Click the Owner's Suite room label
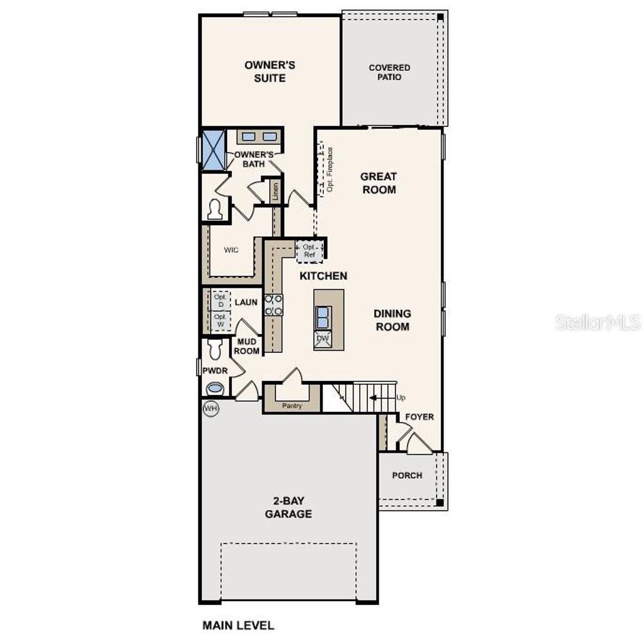pyautogui.click(x=269, y=72)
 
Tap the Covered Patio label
pyautogui.click(x=389, y=72)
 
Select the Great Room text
pyautogui.click(x=379, y=183)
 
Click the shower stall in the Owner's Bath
pyautogui.click(x=213, y=150)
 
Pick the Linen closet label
pyautogui.click(x=275, y=192)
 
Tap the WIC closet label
pyautogui.click(x=231, y=250)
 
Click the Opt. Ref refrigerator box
pyautogui.click(x=309, y=252)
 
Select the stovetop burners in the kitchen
pyautogui.click(x=274, y=305)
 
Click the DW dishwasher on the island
pyautogui.click(x=323, y=339)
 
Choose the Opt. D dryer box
pyautogui.click(x=219, y=301)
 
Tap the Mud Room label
pyautogui.click(x=247, y=347)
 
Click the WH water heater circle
pyautogui.click(x=211, y=409)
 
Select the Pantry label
pyautogui.click(x=292, y=406)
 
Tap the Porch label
pyautogui.click(x=407, y=475)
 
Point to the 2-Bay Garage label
pyautogui.click(x=288, y=508)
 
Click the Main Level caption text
pyautogui.click(x=238, y=625)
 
